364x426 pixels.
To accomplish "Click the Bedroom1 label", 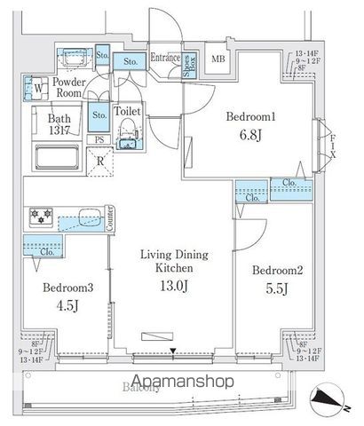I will point(249,115).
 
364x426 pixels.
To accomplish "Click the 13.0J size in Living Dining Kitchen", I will point(174,285).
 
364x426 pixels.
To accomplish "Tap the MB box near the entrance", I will point(218,59).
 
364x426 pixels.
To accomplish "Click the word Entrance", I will point(165,58).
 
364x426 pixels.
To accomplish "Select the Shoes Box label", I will point(188,68).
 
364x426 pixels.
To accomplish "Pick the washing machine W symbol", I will point(38,89).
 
